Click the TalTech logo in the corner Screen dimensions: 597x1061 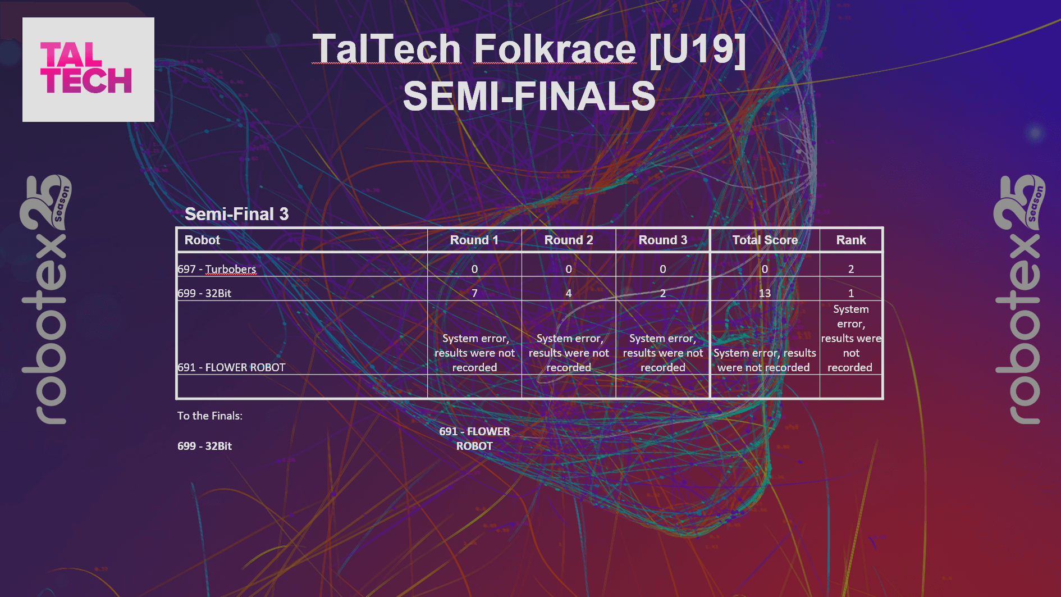click(x=88, y=70)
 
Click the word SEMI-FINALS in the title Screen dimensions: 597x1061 click(x=529, y=96)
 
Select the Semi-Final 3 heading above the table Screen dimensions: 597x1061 click(x=236, y=214)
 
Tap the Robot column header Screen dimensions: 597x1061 click(x=202, y=240)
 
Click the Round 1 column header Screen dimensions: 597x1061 click(x=474, y=240)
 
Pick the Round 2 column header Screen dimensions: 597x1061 click(x=568, y=240)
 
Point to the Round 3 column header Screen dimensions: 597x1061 click(x=662, y=240)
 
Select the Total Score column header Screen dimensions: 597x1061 click(x=765, y=240)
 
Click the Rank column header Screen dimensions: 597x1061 click(x=850, y=240)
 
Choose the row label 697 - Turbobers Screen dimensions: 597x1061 click(x=217, y=269)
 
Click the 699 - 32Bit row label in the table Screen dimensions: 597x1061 click(x=204, y=293)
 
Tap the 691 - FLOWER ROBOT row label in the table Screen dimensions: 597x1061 click(x=231, y=367)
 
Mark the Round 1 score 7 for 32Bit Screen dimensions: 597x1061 click(x=474, y=293)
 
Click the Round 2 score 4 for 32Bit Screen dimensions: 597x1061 click(x=568, y=293)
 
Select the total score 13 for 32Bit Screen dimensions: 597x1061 click(x=765, y=293)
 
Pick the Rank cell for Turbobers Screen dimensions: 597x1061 click(x=850, y=269)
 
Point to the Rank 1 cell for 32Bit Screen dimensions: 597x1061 click(x=850, y=293)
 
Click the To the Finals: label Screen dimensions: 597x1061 click(x=210, y=416)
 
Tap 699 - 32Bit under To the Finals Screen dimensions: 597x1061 click(x=204, y=446)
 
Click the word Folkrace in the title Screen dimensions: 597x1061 click(x=555, y=49)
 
